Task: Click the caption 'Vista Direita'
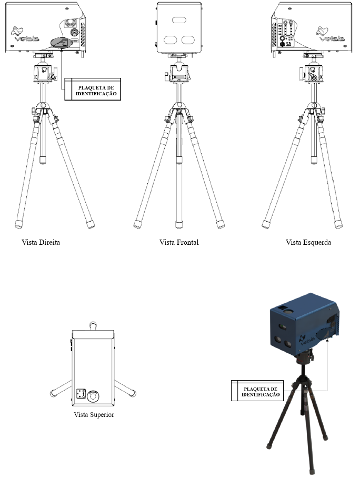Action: [x=41, y=243]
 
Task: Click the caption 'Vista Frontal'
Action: [x=179, y=243]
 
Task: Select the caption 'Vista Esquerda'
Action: [x=308, y=243]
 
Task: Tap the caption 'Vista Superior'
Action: [x=94, y=415]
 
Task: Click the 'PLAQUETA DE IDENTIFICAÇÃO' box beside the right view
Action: [x=93, y=89]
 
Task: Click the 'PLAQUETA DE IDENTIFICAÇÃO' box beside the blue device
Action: [x=257, y=391]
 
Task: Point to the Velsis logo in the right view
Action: [x=24, y=34]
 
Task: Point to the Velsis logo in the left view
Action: [x=331, y=34]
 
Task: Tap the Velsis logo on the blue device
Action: [x=306, y=339]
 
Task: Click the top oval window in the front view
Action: [x=179, y=20]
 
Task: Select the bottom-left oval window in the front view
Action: [x=171, y=39]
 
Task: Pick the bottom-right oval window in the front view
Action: [x=188, y=39]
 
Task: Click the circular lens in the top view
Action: [x=93, y=396]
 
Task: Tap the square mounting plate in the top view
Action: [x=81, y=394]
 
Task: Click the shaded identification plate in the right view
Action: [x=61, y=42]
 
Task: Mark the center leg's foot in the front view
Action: [x=179, y=224]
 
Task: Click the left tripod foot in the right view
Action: [x=18, y=224]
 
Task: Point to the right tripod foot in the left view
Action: [x=338, y=224]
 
